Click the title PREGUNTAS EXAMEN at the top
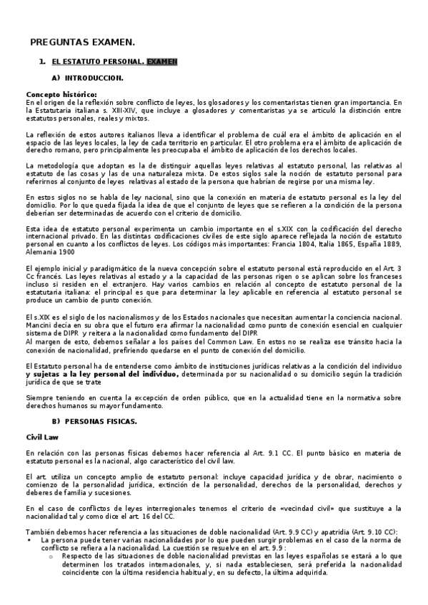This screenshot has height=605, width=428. coord(77,41)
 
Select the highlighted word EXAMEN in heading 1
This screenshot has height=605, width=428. coord(162,62)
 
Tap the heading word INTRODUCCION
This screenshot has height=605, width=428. coord(94,77)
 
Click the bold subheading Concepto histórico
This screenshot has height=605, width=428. coord(61,94)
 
